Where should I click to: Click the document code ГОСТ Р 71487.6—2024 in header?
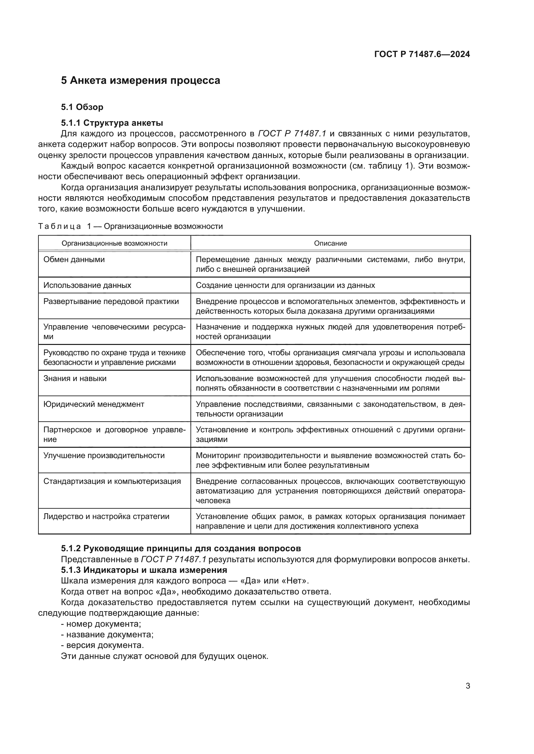point(422,54)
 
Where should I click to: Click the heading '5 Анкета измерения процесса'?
point(140,81)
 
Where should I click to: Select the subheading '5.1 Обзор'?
point(82,107)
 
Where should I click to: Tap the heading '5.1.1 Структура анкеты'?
point(112,123)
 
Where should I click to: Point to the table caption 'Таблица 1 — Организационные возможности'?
point(130,226)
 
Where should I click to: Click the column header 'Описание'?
point(330,243)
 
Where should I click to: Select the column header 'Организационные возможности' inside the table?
point(114,243)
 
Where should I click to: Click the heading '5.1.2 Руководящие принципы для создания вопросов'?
point(181,548)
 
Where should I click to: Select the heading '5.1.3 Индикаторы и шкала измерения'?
point(144,570)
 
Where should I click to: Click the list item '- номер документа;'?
point(101,624)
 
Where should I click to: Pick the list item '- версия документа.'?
point(102,645)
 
